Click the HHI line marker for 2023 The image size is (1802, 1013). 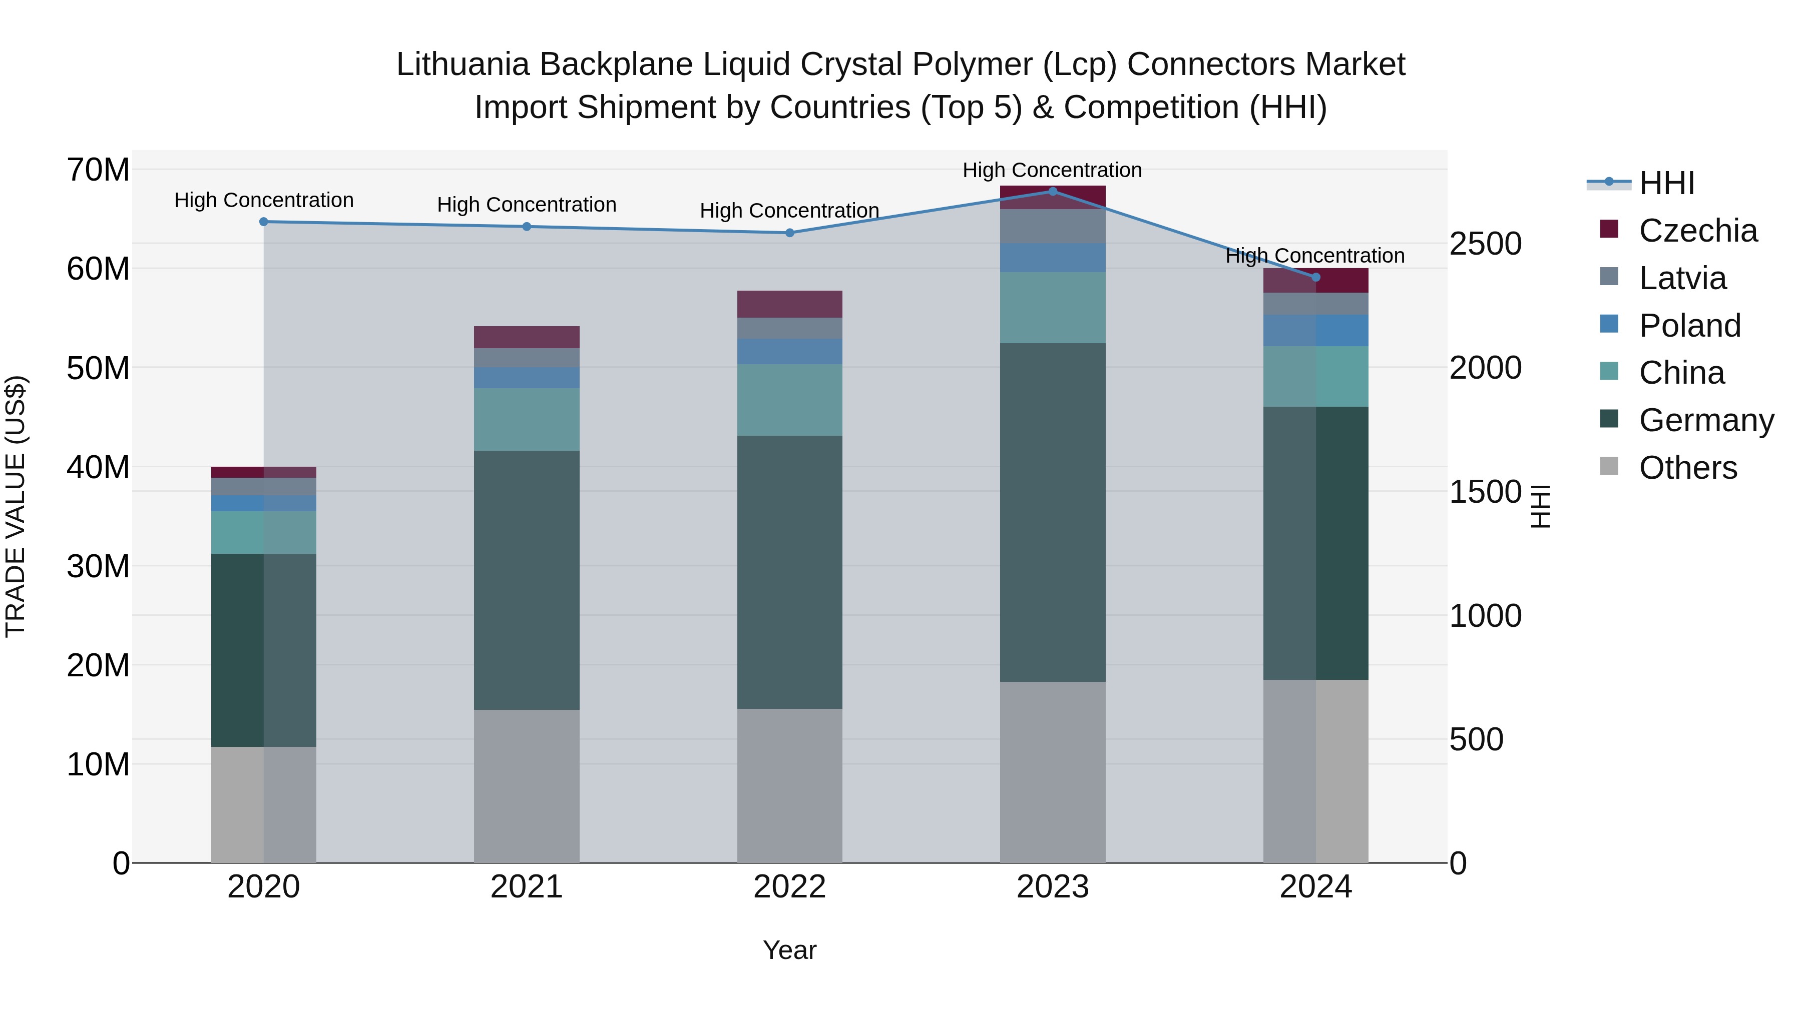click(x=1052, y=192)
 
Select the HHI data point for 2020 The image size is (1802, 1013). click(x=264, y=222)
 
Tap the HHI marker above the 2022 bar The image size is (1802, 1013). click(x=790, y=233)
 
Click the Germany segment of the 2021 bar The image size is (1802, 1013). click(x=527, y=580)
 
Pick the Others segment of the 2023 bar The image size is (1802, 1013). click(x=1052, y=772)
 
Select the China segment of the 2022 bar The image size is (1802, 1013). click(x=790, y=400)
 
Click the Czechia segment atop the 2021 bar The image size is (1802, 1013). click(x=527, y=337)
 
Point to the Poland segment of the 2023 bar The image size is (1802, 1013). click(x=1052, y=257)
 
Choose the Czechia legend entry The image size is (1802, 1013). click(x=1698, y=231)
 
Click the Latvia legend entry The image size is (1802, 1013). click(x=1682, y=278)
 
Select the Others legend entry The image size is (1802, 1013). click(x=1687, y=468)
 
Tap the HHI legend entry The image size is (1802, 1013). click(x=1666, y=183)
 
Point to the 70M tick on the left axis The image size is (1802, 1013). click(x=98, y=170)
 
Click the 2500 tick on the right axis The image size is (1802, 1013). click(x=1485, y=244)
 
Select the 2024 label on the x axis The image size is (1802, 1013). click(x=1315, y=887)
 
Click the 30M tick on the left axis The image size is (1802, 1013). click(x=98, y=566)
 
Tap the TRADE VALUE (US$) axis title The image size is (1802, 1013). click(x=16, y=506)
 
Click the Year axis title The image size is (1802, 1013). click(x=790, y=950)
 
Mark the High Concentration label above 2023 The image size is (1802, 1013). click(x=1052, y=170)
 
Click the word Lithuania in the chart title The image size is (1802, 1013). click(x=463, y=65)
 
